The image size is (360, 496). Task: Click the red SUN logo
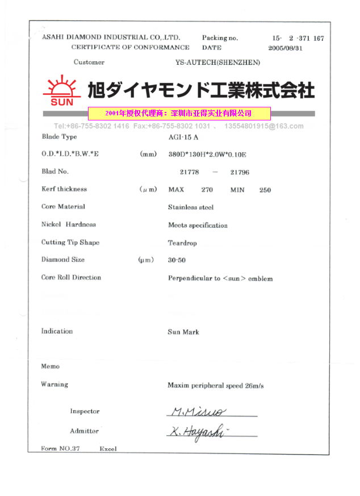coord(58,91)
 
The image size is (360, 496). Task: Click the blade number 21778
coord(190,172)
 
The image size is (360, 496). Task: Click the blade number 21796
coord(239,172)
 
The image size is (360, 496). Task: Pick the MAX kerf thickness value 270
coord(207,190)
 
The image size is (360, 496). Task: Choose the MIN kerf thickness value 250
coord(265,190)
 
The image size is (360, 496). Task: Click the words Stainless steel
coord(191,207)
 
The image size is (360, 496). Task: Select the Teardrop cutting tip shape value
coord(182,243)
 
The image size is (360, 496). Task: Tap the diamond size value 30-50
coord(177,260)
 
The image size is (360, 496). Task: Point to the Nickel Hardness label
coord(69,224)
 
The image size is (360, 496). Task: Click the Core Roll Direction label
coord(71,278)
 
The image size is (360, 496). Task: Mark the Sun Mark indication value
coord(183,332)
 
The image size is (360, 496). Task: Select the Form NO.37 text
coord(61,449)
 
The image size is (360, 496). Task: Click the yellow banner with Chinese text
coord(179,113)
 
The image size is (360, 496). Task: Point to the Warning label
coord(55,385)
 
